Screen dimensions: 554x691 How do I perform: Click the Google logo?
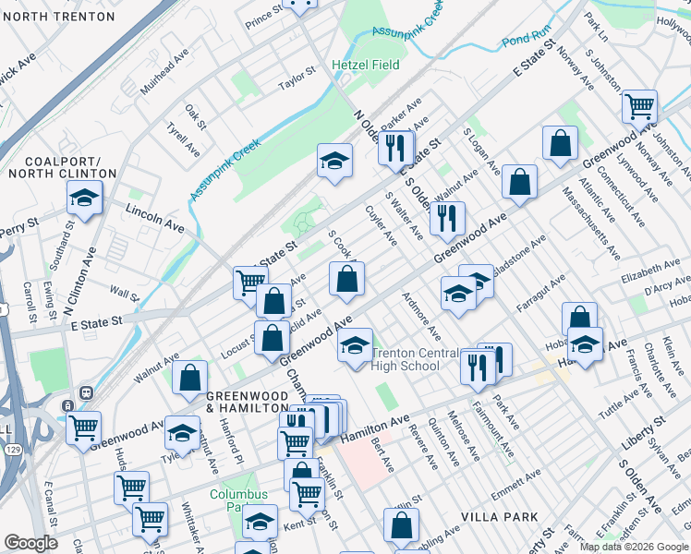point(30,543)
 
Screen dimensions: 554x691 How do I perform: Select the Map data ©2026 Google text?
point(634,547)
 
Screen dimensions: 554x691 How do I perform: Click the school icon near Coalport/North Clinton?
point(84,198)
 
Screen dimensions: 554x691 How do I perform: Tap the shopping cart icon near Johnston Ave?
point(639,106)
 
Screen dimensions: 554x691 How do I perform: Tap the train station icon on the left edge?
point(67,404)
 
